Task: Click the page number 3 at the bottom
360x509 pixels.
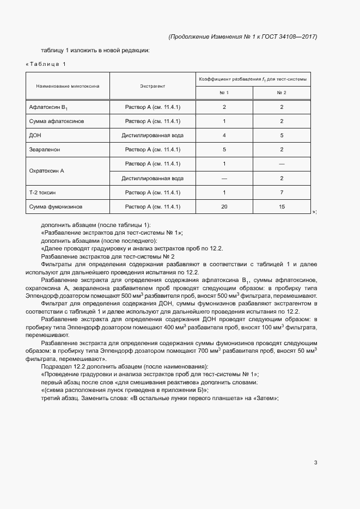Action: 315,463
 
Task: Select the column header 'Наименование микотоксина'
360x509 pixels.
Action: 68,86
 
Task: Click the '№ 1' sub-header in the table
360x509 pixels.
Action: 224,93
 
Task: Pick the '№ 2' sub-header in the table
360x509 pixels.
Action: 282,93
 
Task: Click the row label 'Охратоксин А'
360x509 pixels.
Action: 46,170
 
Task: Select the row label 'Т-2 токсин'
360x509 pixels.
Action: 42,192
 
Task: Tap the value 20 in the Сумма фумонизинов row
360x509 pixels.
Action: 224,206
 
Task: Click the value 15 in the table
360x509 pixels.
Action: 282,206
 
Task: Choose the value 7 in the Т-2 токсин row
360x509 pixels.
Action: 282,192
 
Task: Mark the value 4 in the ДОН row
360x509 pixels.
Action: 224,134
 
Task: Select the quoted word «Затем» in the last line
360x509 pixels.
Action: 266,398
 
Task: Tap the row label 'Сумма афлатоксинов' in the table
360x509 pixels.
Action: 57,120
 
